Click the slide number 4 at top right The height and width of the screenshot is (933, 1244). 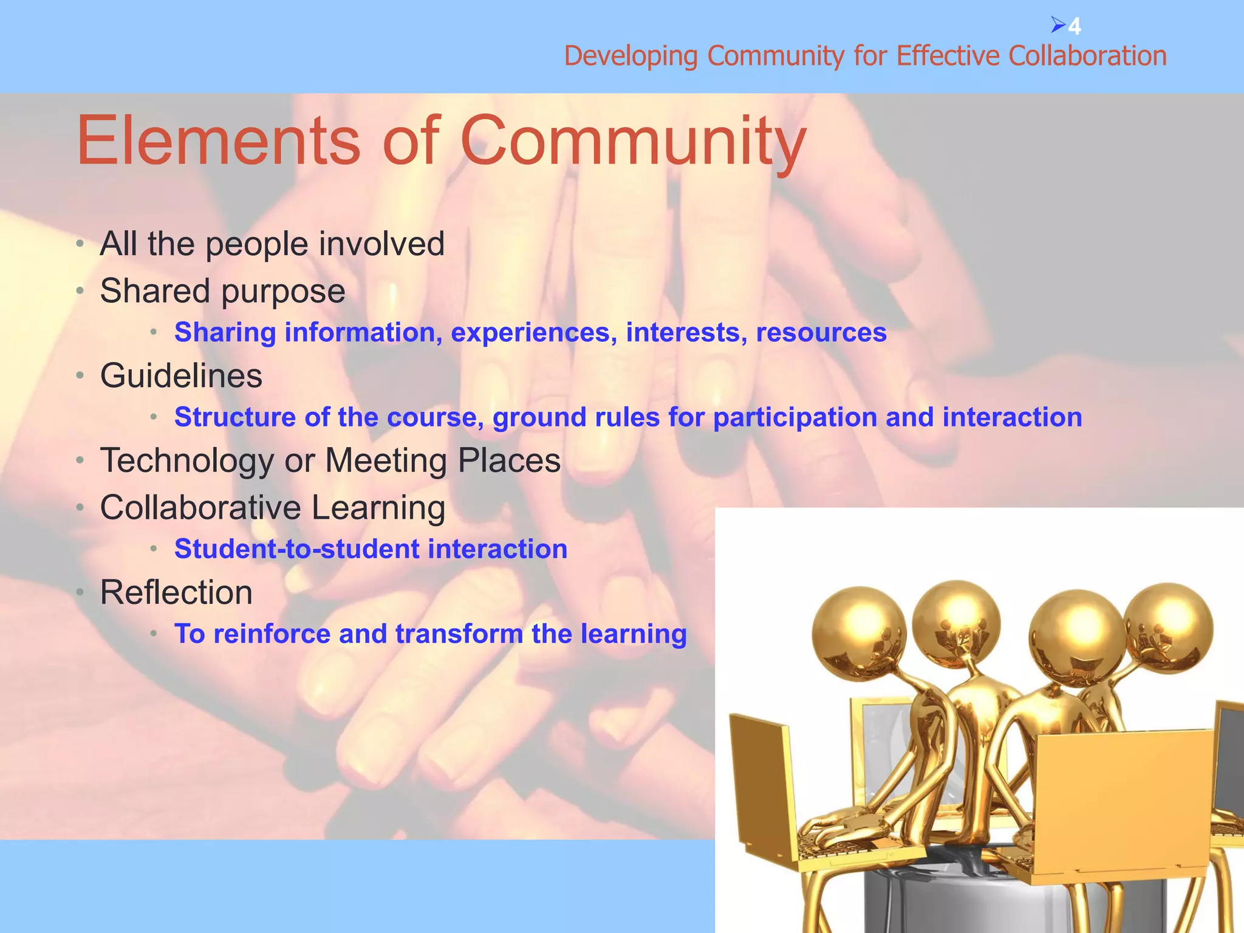(1075, 27)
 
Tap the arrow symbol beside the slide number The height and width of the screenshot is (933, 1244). (1058, 26)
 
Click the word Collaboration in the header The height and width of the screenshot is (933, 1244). (1087, 56)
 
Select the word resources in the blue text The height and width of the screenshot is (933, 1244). (821, 333)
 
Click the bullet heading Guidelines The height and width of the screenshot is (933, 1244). (181, 375)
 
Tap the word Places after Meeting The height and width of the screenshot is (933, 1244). (509, 460)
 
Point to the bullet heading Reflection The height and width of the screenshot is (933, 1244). (176, 592)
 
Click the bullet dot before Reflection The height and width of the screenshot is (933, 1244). (80, 592)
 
